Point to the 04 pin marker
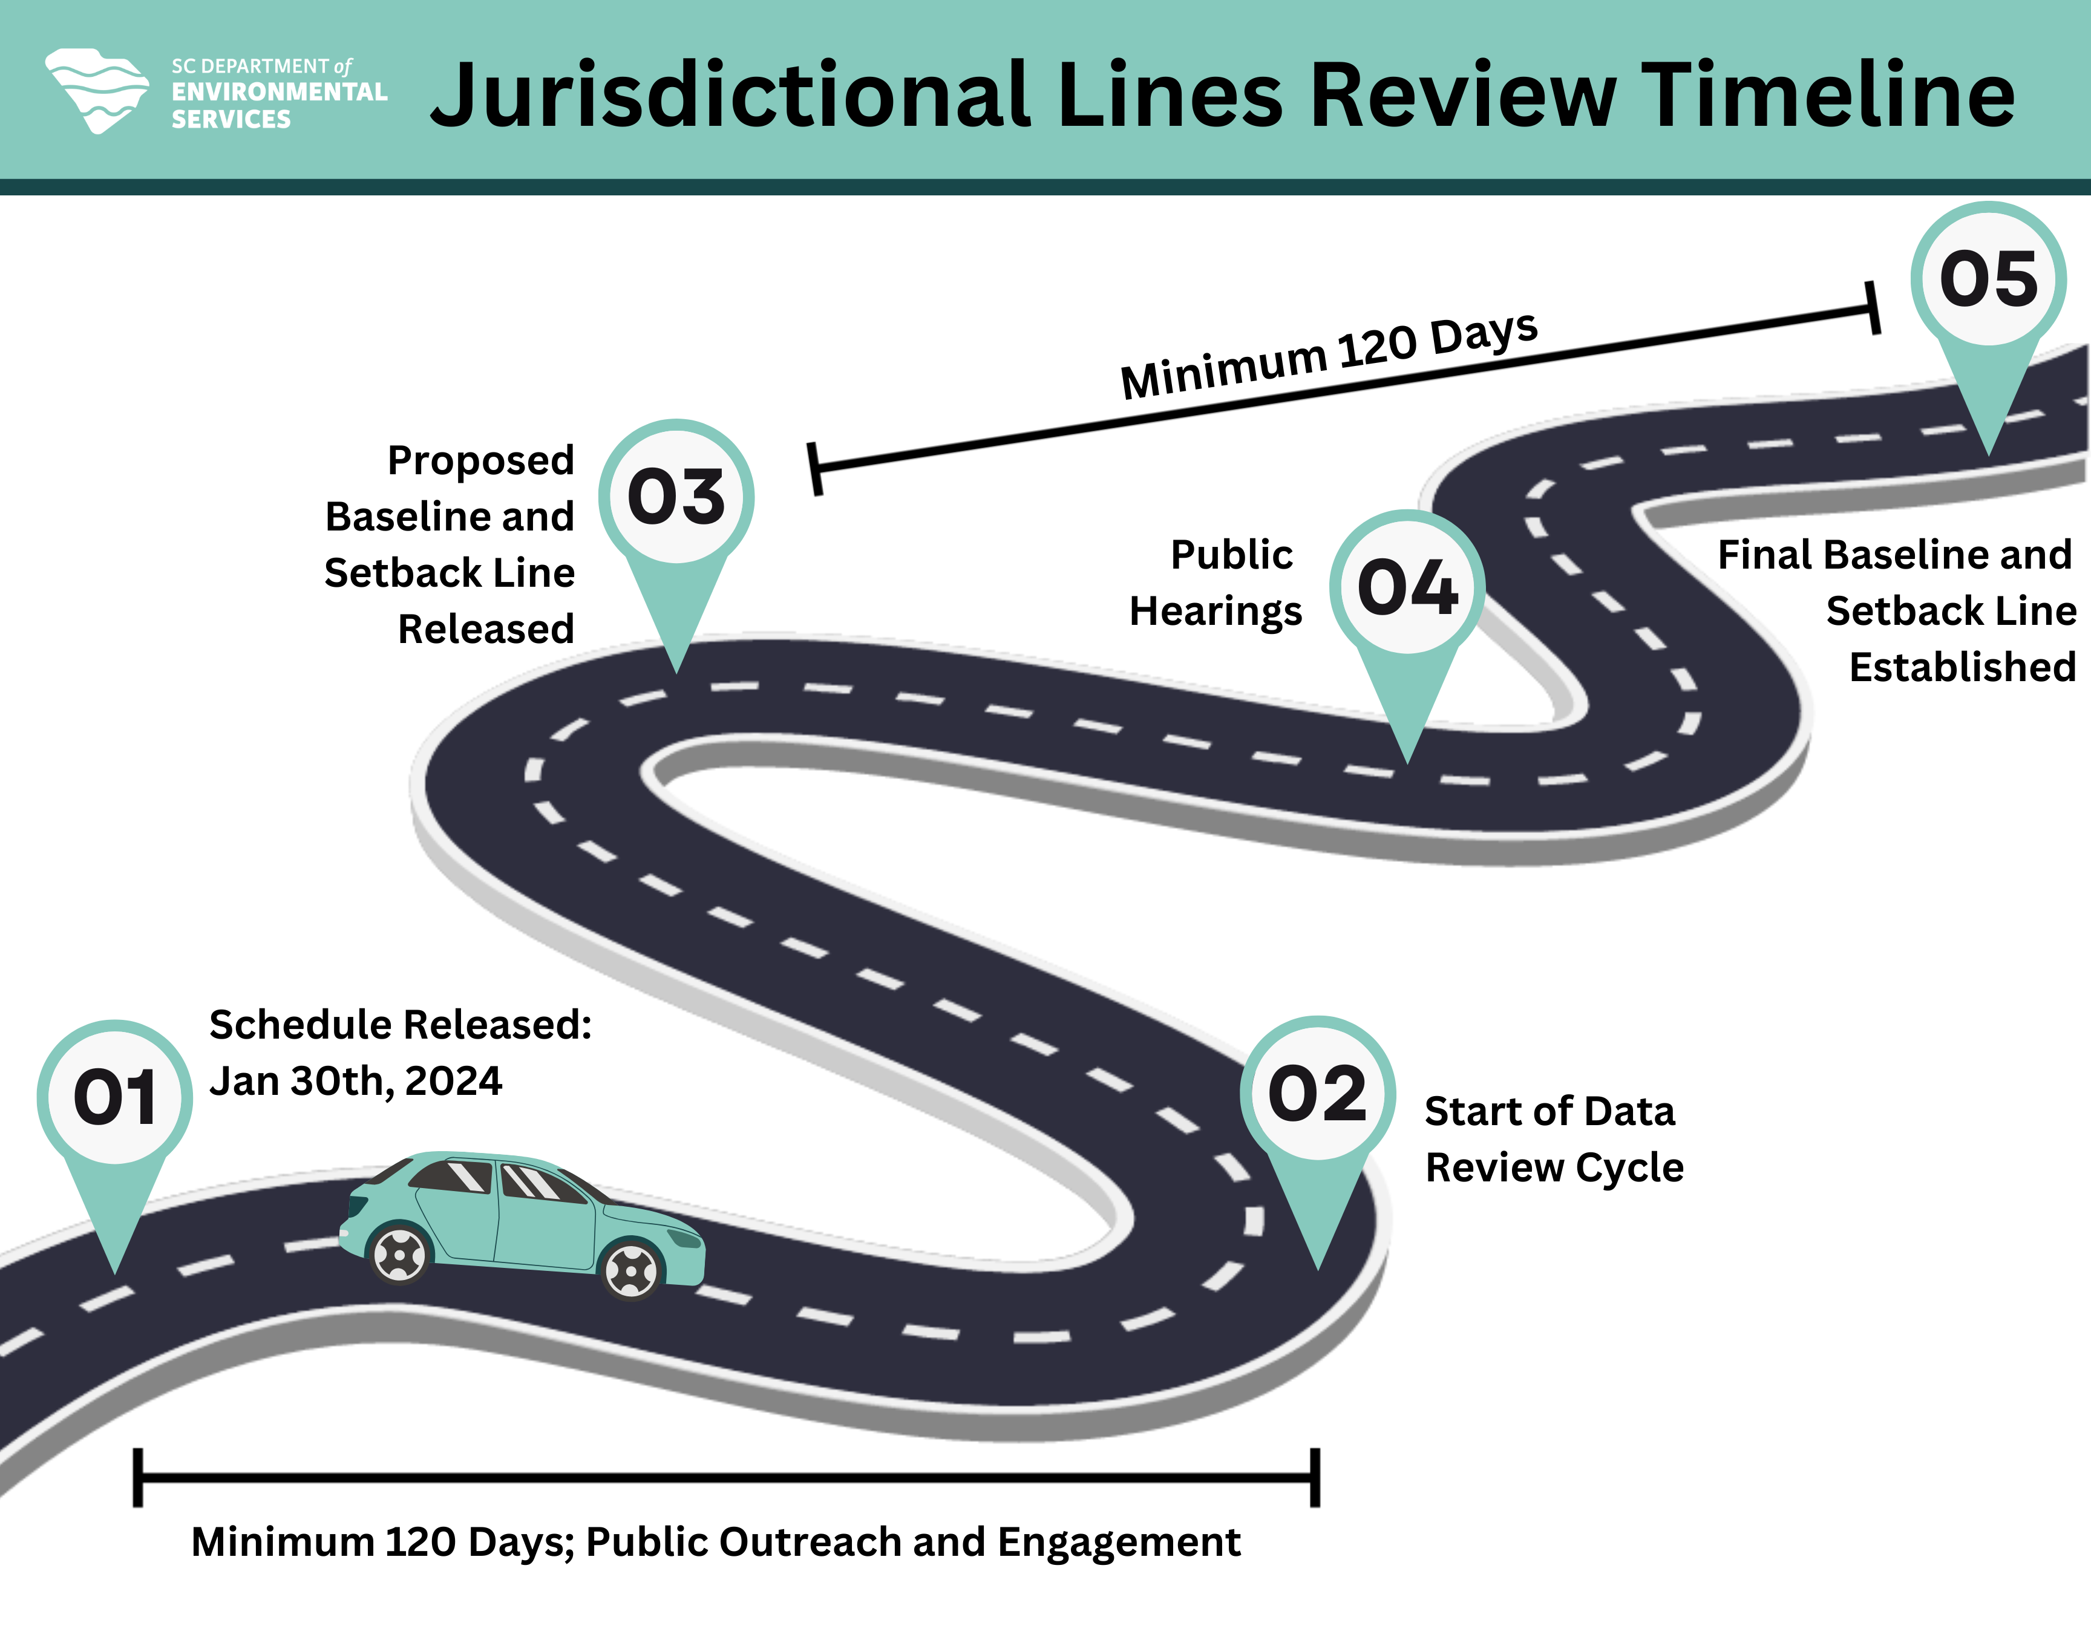coord(1407,587)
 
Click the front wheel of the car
coord(631,1270)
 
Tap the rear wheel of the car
coord(399,1254)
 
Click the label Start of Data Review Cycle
coord(1553,1139)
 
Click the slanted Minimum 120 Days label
coord(1329,356)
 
